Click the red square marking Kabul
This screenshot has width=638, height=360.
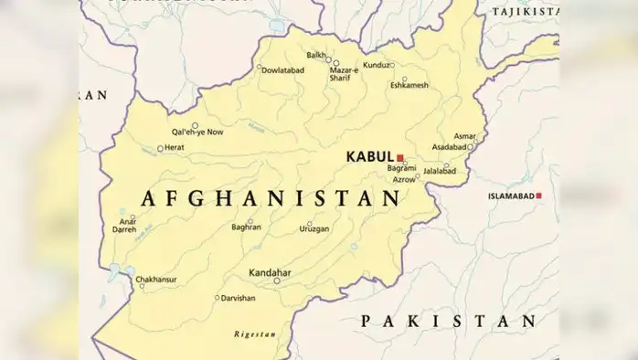pos(400,157)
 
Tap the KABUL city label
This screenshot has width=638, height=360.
pos(369,157)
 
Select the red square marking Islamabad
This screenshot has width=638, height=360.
pos(538,196)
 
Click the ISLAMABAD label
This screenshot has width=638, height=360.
pos(510,196)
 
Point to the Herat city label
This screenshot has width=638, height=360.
pos(175,147)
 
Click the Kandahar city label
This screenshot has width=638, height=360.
pos(270,272)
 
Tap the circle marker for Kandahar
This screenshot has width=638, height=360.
pos(277,281)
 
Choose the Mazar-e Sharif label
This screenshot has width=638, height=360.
pos(345,74)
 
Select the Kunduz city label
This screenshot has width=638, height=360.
pos(376,65)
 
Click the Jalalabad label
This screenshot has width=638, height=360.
pos(439,170)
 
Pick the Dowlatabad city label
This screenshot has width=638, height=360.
pos(282,69)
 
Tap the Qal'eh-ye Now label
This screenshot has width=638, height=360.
pos(197,132)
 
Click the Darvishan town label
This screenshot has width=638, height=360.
pos(239,298)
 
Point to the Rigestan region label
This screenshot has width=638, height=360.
pos(255,334)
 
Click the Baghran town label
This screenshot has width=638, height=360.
pos(247,227)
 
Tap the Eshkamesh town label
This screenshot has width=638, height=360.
pos(409,85)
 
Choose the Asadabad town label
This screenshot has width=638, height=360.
pos(449,146)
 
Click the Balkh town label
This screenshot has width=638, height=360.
pos(316,55)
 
